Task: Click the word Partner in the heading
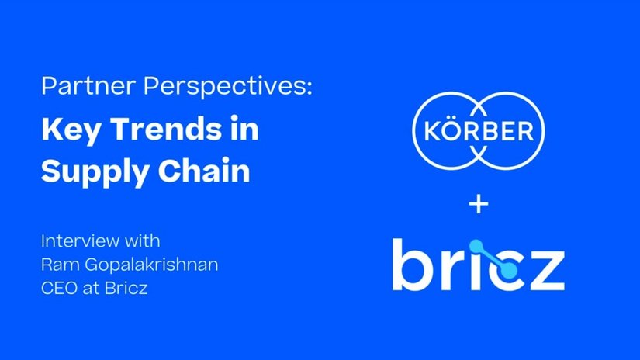coord(88,85)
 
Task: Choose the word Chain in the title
coord(204,169)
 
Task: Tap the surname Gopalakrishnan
coord(151,265)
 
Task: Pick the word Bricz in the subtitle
coord(126,288)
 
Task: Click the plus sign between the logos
coord(479,204)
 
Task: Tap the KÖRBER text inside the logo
coord(479,130)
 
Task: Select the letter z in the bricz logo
coord(546,271)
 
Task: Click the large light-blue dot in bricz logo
coord(508,270)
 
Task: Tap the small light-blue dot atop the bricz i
coord(476,246)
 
